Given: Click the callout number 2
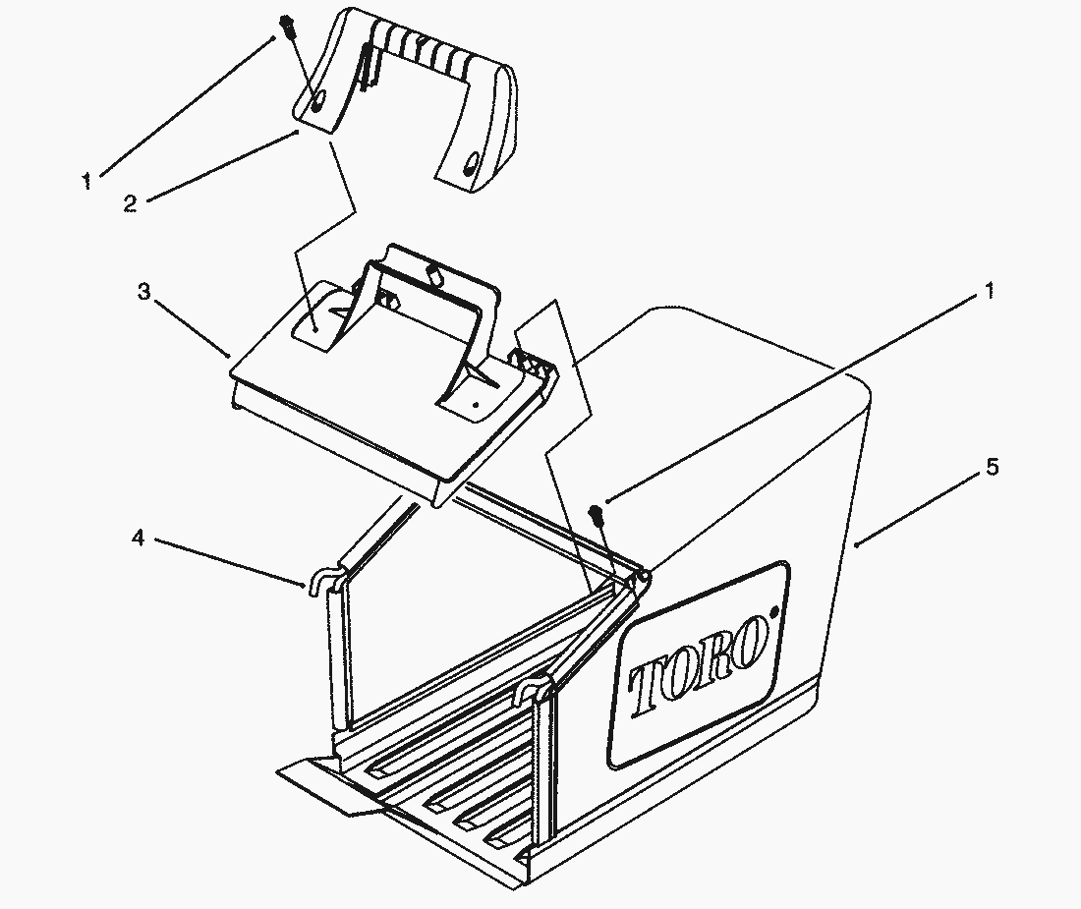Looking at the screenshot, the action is pyautogui.click(x=131, y=204).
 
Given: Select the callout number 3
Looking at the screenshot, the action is pyautogui.click(x=143, y=292).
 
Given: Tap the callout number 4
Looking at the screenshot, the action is pyautogui.click(x=139, y=538).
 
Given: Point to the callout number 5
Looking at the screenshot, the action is pyautogui.click(x=992, y=467).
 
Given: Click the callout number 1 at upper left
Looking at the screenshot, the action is pyautogui.click(x=86, y=182).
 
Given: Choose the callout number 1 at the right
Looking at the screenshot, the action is pyautogui.click(x=990, y=292).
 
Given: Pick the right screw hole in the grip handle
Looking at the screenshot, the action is pyautogui.click(x=471, y=166).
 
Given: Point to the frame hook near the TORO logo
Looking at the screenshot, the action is pyautogui.click(x=533, y=690).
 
